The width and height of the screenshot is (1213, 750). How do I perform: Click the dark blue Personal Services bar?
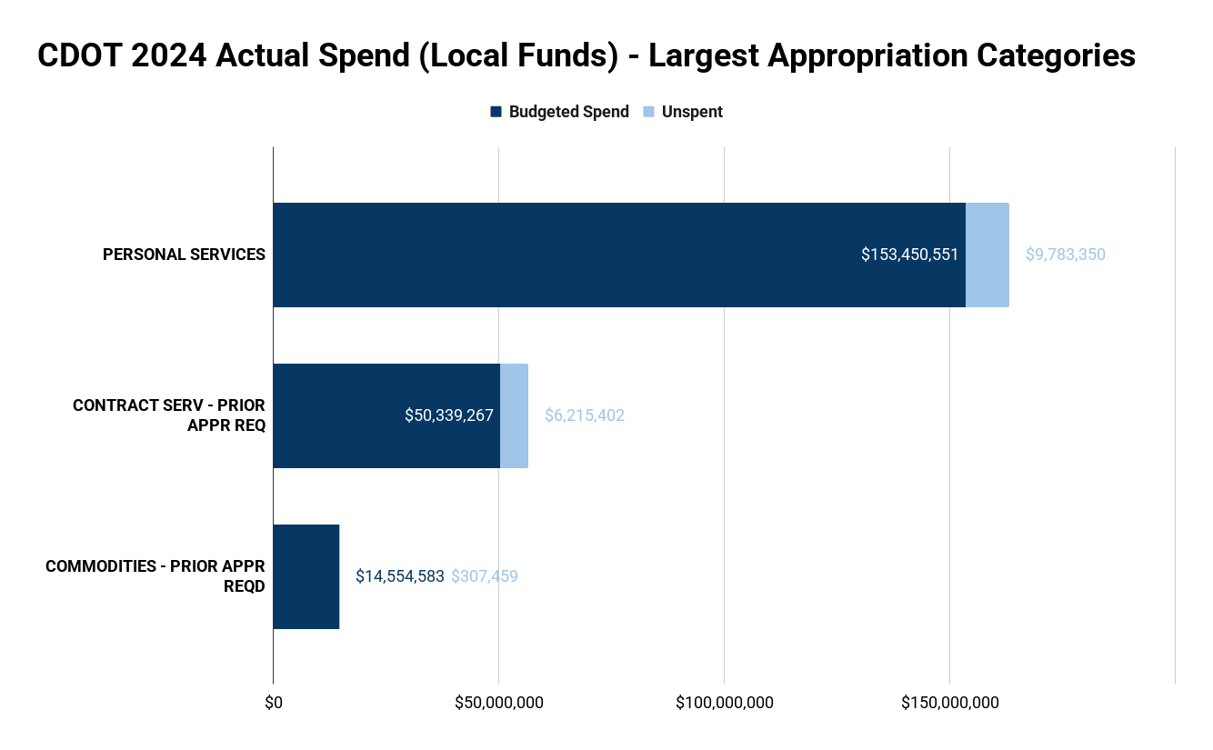[x=564, y=255]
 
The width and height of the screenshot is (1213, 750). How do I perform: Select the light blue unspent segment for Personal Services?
[x=987, y=255]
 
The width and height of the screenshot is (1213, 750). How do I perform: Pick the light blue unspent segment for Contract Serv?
[x=514, y=415]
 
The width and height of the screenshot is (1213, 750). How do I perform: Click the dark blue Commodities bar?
[x=306, y=576]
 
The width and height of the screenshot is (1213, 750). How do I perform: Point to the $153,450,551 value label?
[x=909, y=255]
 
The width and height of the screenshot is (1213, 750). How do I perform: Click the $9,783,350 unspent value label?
[x=1065, y=255]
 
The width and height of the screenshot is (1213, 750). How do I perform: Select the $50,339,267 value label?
[x=449, y=415]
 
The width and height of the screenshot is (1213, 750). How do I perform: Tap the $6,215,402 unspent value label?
[x=584, y=415]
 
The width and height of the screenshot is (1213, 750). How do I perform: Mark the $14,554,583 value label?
[x=399, y=576]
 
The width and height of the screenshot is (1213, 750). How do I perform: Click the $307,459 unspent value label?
[x=484, y=576]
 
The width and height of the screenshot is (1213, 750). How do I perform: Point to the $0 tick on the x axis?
[x=273, y=703]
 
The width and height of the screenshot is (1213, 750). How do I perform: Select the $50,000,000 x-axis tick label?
[x=498, y=703]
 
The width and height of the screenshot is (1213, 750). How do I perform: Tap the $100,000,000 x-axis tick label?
[x=725, y=703]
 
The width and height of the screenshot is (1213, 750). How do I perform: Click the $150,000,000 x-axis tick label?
[x=950, y=703]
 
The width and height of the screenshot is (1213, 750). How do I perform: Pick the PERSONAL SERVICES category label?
[x=184, y=255]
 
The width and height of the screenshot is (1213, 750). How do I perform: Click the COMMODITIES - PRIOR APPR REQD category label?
[x=155, y=576]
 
